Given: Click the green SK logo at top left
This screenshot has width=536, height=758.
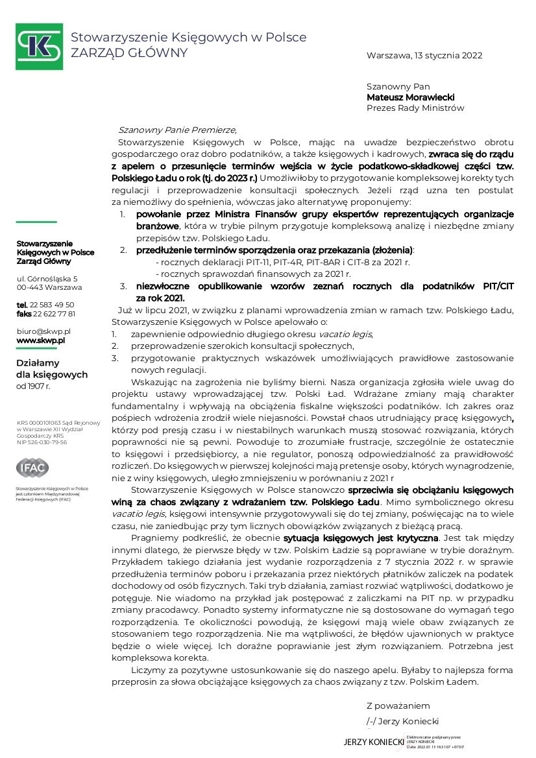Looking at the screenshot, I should [x=39, y=47].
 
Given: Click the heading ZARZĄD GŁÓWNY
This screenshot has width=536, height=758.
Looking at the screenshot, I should [x=129, y=53].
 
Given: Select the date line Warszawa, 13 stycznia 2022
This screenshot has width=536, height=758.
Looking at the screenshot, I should [x=424, y=56].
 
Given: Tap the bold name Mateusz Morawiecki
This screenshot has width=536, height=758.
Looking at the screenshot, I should [x=410, y=97].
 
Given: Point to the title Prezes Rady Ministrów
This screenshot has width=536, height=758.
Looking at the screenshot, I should [x=415, y=108].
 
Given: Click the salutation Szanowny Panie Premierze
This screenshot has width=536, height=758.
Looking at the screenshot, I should [x=173, y=129].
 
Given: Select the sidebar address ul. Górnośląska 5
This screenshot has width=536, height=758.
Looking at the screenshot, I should [x=47, y=278].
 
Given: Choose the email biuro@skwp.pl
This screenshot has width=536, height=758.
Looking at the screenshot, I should [x=43, y=331].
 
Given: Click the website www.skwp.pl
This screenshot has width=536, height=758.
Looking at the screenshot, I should [x=41, y=340].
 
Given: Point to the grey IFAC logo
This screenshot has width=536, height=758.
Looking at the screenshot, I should [x=32, y=468].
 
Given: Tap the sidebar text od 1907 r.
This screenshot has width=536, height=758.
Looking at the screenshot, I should [x=33, y=386].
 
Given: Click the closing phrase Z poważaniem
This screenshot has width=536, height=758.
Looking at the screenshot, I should [x=398, y=705].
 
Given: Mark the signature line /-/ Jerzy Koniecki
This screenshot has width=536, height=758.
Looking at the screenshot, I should [x=402, y=721].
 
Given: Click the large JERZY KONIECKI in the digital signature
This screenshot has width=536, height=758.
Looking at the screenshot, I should [x=374, y=742].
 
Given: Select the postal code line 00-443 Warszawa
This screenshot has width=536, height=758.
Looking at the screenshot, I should [x=49, y=287].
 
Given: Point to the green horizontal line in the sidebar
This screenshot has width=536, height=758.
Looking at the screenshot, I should [x=36, y=222].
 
